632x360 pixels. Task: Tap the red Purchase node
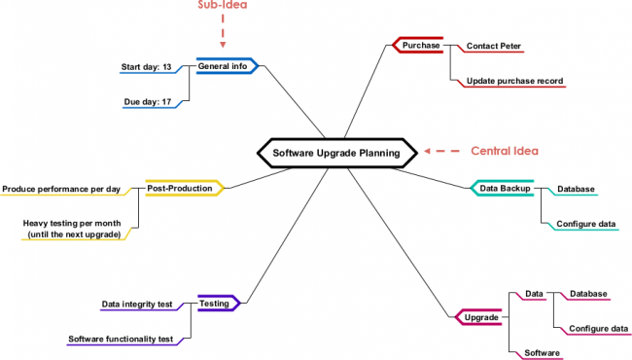click(x=421, y=45)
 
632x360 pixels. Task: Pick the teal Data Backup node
click(x=504, y=188)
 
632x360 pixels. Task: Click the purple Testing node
click(x=215, y=304)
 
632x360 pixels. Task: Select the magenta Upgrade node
click(x=481, y=317)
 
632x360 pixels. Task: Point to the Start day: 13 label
click(x=147, y=67)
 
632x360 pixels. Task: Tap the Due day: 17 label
click(x=148, y=101)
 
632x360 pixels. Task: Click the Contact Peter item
click(x=494, y=46)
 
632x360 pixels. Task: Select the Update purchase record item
click(x=514, y=81)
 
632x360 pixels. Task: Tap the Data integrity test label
click(x=137, y=305)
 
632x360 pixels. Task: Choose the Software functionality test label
click(x=121, y=339)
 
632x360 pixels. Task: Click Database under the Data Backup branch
click(x=576, y=189)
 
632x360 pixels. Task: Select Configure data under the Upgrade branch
click(x=598, y=328)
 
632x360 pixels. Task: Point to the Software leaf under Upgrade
click(x=542, y=352)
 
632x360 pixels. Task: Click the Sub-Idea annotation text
click(x=223, y=5)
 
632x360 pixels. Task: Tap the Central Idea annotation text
click(x=504, y=151)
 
